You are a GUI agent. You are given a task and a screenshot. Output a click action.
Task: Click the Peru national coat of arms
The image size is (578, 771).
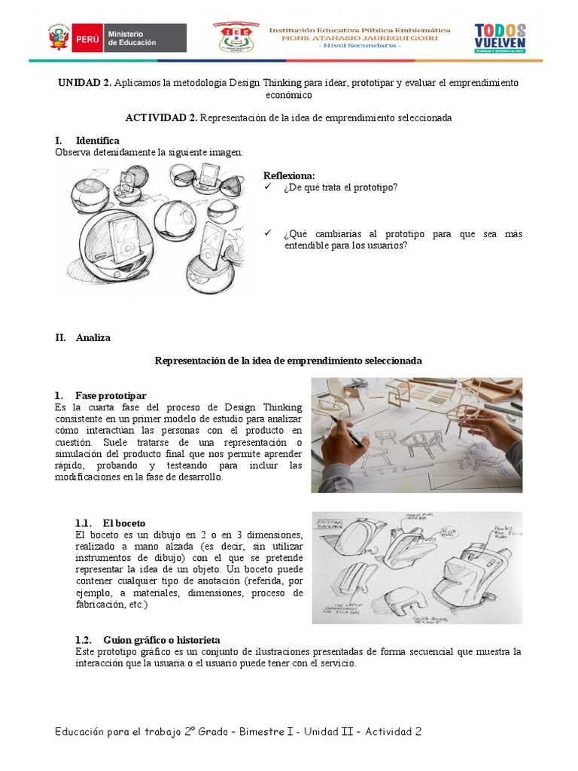[58, 38]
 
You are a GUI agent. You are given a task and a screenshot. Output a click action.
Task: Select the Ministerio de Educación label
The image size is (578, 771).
[132, 38]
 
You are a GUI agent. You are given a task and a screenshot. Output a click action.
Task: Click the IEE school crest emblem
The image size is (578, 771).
[239, 38]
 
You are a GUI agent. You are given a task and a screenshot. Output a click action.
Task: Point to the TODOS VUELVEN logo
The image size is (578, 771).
[500, 38]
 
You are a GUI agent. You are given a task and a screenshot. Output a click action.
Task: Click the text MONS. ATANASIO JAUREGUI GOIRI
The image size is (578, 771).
[360, 38]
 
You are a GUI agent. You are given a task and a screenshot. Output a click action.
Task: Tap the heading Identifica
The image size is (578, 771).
[97, 141]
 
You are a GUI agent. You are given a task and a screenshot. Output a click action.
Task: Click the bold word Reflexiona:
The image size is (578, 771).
[289, 176]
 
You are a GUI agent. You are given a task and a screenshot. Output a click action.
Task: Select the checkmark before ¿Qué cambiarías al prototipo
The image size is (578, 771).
[268, 234]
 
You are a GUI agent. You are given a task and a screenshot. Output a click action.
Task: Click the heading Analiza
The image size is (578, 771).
[93, 338]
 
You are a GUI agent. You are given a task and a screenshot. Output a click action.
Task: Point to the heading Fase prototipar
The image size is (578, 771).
[111, 396]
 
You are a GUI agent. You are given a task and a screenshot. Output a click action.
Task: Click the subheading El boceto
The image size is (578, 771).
[124, 523]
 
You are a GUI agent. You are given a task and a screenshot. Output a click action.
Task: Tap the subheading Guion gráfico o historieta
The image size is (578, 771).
[161, 639]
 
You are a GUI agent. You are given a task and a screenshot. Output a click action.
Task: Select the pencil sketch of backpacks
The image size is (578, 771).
[417, 568]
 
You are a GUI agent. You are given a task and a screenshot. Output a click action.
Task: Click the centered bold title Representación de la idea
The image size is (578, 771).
[288, 361]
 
